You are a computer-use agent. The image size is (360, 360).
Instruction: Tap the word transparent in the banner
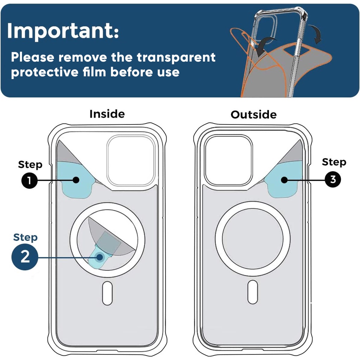coord(176,57)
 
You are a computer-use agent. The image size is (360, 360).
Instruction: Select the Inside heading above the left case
coord(107,114)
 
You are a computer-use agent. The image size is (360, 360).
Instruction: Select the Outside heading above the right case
coord(253,115)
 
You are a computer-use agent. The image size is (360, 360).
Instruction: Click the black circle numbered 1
coord(30,180)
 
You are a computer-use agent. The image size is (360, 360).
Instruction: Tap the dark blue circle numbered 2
coord(25,257)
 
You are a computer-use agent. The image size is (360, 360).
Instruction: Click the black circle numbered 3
coord(333,179)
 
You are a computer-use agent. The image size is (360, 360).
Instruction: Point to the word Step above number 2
coord(25,237)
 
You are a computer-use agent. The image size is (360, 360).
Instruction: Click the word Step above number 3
coord(334,162)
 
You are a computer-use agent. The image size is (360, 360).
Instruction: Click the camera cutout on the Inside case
coord(130,160)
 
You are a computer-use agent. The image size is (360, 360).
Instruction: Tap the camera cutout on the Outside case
coord(229,160)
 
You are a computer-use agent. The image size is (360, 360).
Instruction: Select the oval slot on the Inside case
coord(107,293)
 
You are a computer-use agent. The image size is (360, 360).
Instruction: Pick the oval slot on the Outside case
coord(253,292)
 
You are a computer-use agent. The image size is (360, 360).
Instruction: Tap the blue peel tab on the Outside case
coord(285,179)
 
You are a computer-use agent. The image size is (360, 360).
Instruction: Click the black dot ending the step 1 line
coord(76,180)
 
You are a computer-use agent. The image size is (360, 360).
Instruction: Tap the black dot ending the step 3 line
coord(284,180)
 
